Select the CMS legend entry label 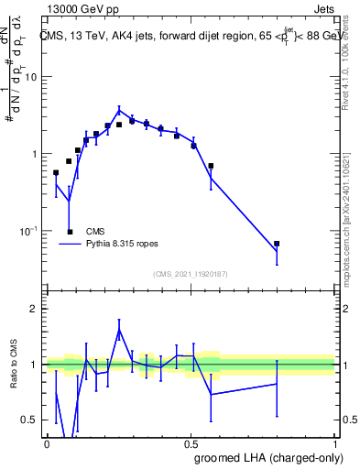(94, 232)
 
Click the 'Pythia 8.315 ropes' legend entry (123, 245)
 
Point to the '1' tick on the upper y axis (34, 154)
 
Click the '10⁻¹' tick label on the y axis (28, 231)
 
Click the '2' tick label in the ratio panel (34, 309)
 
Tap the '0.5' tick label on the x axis (191, 443)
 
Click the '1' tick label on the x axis (334, 443)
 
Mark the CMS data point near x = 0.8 (277, 244)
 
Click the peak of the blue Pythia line (118, 110)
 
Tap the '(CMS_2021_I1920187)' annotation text (190, 273)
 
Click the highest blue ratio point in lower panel (118, 331)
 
